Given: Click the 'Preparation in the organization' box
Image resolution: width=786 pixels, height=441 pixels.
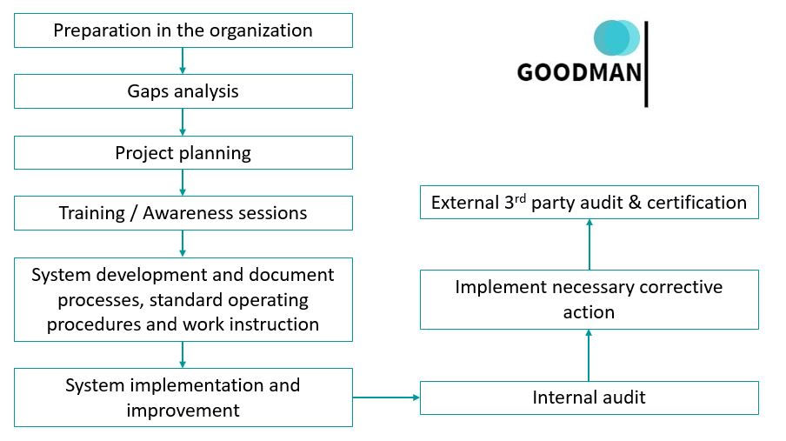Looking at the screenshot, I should pos(183,30).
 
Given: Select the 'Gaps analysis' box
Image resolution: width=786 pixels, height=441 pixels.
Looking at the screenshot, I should pos(183,91).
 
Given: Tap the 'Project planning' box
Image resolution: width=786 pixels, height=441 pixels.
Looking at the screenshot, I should pos(183,153).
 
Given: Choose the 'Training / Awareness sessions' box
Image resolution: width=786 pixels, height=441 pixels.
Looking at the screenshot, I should pos(183,213).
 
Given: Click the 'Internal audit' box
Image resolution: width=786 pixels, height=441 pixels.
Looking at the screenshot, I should pos(589,398).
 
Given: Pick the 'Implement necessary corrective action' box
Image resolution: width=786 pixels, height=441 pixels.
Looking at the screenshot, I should pos(589,299).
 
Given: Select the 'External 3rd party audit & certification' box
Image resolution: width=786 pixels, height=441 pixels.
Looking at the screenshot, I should pos(589,203).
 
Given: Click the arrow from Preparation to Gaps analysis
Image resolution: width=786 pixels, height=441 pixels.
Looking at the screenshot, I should pos(183,60).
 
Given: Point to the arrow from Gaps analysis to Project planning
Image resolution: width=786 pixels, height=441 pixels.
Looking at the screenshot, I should pos(183,122).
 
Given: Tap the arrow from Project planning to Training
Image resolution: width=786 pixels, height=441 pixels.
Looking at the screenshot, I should pos(183,183).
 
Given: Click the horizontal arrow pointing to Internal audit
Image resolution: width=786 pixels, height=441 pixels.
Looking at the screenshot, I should pos(386,398).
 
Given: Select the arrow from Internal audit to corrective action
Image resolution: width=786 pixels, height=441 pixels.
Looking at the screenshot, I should pos(589,355).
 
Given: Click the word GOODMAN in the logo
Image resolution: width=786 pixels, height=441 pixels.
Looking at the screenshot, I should pos(579,71).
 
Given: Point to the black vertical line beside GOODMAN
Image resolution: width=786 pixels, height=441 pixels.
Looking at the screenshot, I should pos(646,64).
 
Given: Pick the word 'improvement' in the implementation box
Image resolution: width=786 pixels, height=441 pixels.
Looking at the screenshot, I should pos(183,410).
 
